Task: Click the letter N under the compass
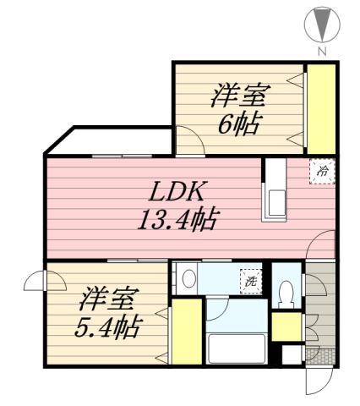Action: point(321,51)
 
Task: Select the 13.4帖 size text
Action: point(178,222)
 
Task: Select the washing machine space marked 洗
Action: point(249,280)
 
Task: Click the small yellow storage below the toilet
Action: point(286,326)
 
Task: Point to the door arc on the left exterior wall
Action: point(35,281)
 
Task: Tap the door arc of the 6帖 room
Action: point(188,137)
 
